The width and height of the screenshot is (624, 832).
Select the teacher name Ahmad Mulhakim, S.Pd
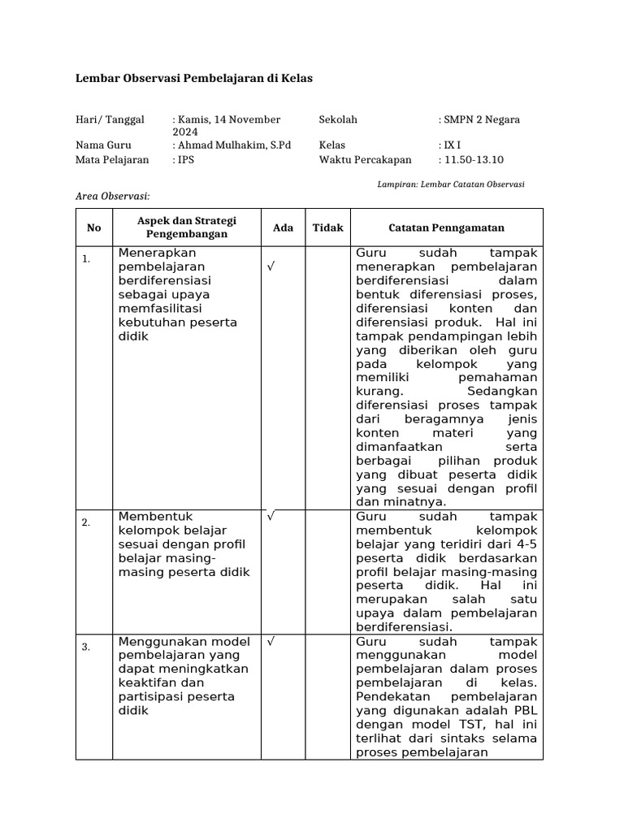click(232, 145)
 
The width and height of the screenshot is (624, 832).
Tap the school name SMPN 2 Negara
click(480, 119)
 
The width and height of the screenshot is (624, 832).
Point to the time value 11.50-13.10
click(472, 160)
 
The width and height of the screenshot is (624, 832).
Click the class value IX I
click(448, 145)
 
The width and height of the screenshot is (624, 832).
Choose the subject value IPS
click(184, 160)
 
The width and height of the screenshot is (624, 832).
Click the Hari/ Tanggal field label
click(110, 119)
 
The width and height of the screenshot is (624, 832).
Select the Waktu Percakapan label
click(365, 160)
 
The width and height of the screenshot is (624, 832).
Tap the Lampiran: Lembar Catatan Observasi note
click(451, 184)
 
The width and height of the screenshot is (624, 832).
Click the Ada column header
click(283, 227)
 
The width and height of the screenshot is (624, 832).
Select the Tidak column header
click(328, 227)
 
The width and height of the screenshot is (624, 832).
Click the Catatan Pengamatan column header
click(446, 227)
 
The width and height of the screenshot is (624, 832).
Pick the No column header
click(94, 227)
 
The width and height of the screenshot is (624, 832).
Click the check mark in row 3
click(270, 641)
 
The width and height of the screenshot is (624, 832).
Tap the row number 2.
click(85, 522)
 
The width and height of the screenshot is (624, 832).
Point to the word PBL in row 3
click(524, 710)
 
